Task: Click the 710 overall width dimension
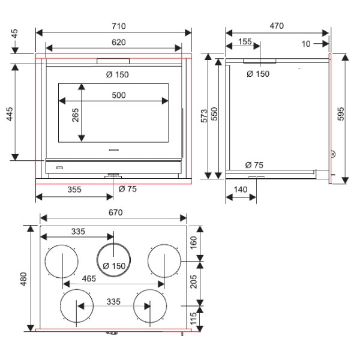coord(119,26)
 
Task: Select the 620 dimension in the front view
coord(119,42)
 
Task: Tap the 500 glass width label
coord(119,95)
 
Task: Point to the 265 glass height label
coord(76,115)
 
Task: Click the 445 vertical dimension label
coord(10,113)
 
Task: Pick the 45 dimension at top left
coord(14,34)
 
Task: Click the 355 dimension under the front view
coord(74,190)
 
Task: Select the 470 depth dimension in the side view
coord(277,26)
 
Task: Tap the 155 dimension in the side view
coord(245,41)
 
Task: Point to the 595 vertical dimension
coord(341,114)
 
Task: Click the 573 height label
coord(204,116)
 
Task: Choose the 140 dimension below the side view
coord(241,190)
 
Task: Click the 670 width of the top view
coord(115,212)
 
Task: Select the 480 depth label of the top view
coord(23,279)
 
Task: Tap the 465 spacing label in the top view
coord(89,278)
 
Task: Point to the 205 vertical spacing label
coord(194,281)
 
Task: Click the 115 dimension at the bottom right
coord(194,318)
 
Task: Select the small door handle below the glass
coord(113,150)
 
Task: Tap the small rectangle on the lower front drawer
coord(59,168)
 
